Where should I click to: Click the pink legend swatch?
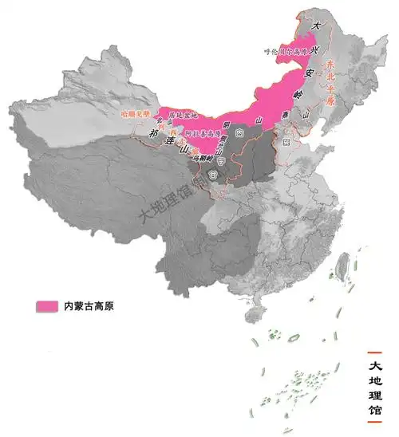tap(47, 305)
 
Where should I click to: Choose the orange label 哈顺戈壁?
tap(135, 114)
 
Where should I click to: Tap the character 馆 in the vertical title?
tap(377, 417)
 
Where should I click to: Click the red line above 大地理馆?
tap(376, 352)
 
